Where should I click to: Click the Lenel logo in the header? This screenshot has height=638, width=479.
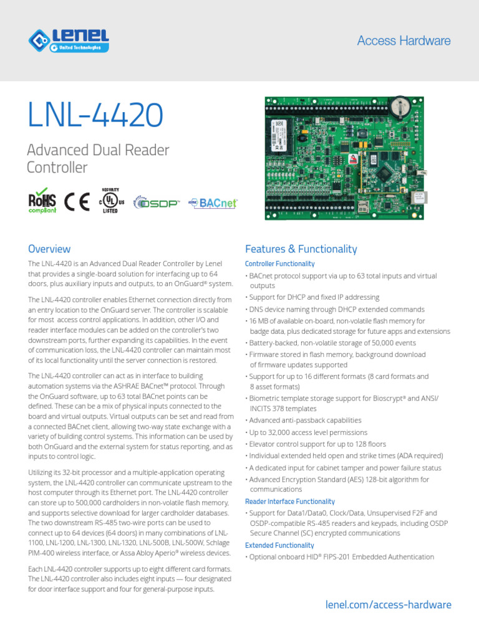(x=69, y=40)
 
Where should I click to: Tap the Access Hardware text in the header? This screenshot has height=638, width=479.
(x=404, y=41)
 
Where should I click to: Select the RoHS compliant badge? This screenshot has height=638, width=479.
(x=42, y=202)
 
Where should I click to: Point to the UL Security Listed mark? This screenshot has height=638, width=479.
(x=110, y=201)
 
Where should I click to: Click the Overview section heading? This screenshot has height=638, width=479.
(x=49, y=249)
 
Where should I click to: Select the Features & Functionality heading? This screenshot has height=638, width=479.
(x=301, y=249)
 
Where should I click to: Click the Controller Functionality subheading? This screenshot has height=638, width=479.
(x=280, y=264)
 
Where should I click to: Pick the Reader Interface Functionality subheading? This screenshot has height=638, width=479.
(x=290, y=502)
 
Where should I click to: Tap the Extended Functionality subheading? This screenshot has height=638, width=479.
(x=279, y=545)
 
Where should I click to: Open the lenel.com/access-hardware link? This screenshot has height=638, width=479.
(x=389, y=605)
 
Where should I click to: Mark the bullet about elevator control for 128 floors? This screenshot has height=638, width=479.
(x=317, y=444)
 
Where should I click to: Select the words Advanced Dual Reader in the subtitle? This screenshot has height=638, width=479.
(x=98, y=150)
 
